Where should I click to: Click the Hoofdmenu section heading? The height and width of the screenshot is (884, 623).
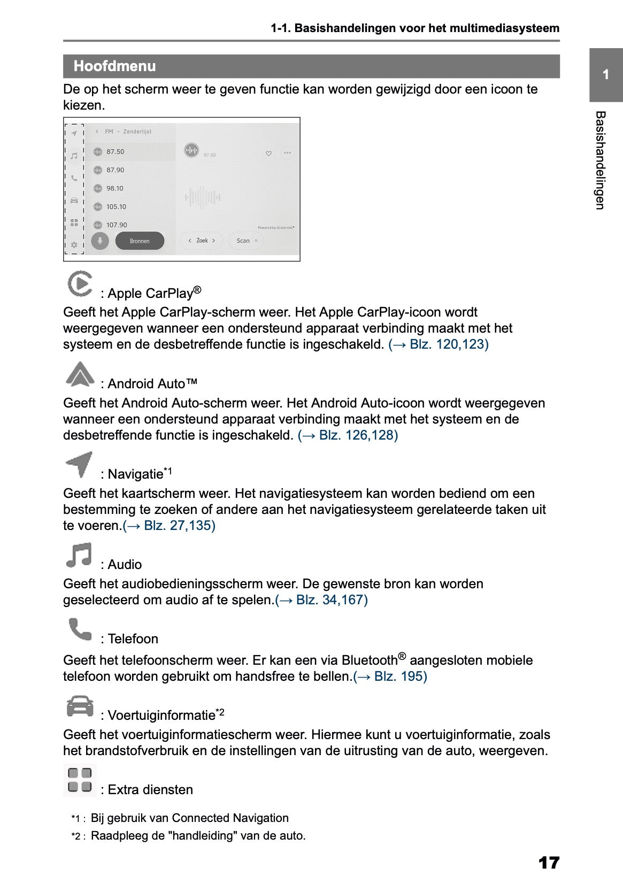pos(115,66)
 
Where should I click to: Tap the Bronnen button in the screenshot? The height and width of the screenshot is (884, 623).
pos(140,241)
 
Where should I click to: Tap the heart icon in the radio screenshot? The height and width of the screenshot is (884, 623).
pos(268,153)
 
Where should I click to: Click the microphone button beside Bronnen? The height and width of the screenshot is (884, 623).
pos(99,241)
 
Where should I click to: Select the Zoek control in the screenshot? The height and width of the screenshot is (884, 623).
pos(202,241)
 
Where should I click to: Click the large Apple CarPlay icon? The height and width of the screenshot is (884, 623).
pos(80,283)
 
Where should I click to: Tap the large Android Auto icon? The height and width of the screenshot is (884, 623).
pos(80,374)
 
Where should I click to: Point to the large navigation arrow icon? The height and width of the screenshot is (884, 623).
pos(79,464)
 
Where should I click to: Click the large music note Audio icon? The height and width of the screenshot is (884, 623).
pos(79,555)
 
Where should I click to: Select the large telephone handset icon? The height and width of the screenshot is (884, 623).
pos(80,629)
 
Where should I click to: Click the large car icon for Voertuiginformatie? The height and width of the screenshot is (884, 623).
pos(80,706)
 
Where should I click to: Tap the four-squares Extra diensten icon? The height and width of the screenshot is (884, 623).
pos(80,780)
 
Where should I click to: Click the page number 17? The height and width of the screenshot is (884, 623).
pos(549,863)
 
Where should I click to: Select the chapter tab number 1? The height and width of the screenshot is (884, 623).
pos(605,75)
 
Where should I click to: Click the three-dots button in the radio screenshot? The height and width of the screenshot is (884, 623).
pos(287,153)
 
